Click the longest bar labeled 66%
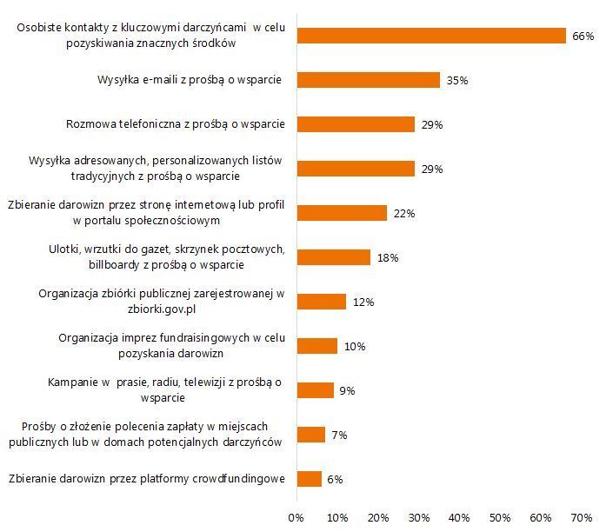pyautogui.click(x=431, y=36)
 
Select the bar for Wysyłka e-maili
pyautogui.click(x=369, y=80)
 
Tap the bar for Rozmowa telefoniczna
pyautogui.click(x=356, y=124)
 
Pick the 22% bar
pyautogui.click(x=342, y=213)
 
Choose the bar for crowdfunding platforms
pyautogui.click(x=310, y=478)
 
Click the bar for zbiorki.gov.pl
pyautogui.click(x=322, y=302)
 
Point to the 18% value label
pyautogui.click(x=388, y=258)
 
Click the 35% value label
pyautogui.click(x=457, y=81)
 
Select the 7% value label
pyautogui.click(x=339, y=435)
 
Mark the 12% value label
pyautogui.click(x=363, y=303)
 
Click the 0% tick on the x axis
pyautogui.click(x=296, y=518)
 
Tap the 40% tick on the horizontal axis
pyautogui.click(x=459, y=518)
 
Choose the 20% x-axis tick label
pyautogui.click(x=378, y=518)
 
